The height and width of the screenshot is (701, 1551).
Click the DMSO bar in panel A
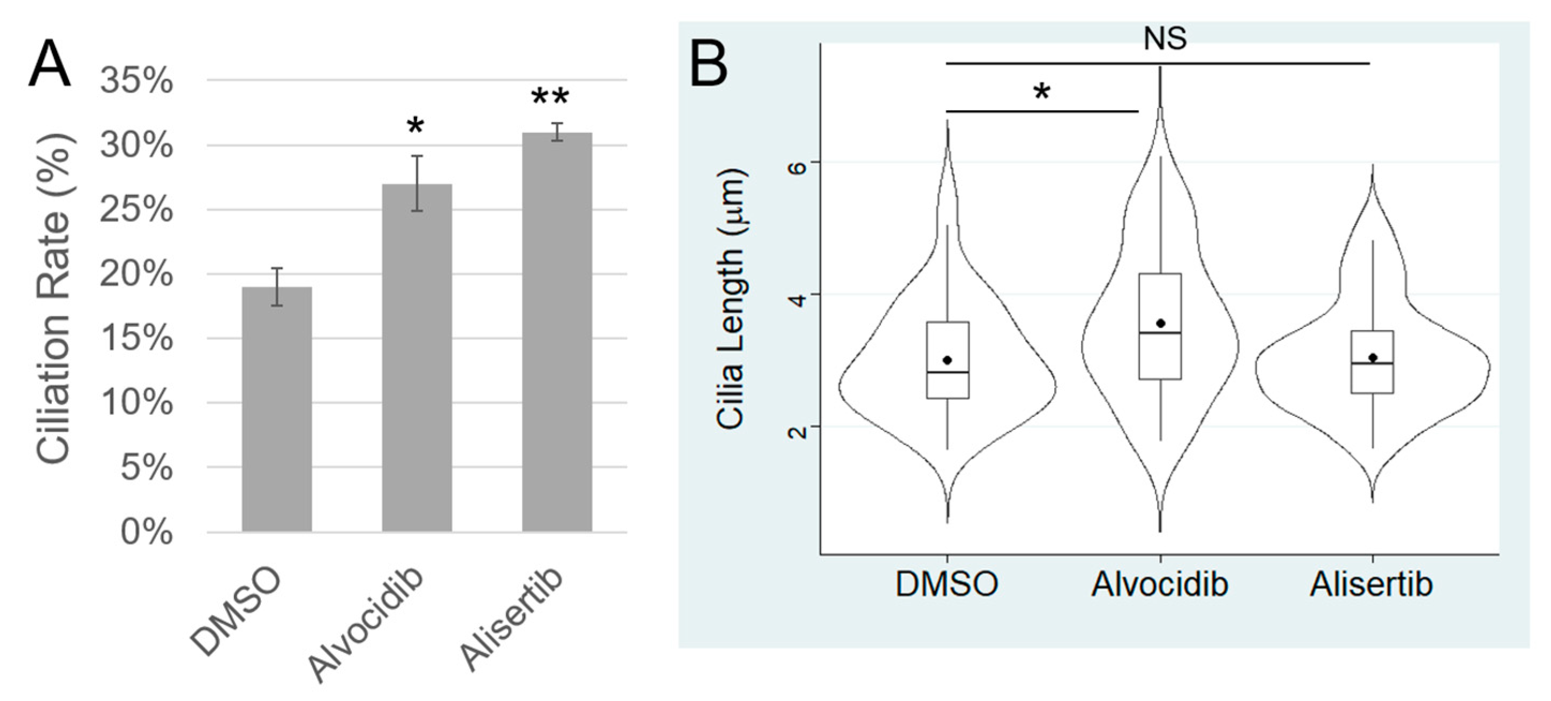pos(276,409)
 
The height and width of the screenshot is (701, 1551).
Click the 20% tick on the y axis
pos(137,275)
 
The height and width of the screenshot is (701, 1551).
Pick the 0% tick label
pos(146,532)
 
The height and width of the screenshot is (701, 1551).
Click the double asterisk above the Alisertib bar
pos(550,97)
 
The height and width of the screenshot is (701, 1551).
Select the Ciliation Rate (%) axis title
pos(55,301)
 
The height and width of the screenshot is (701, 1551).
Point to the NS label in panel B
pos(1164,39)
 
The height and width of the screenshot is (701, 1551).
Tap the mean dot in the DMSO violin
pos(947,360)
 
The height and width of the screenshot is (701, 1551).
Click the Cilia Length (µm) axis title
pos(731,300)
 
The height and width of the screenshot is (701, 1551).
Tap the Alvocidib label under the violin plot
pos(1159,584)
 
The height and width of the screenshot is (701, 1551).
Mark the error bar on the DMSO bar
pos(276,286)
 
